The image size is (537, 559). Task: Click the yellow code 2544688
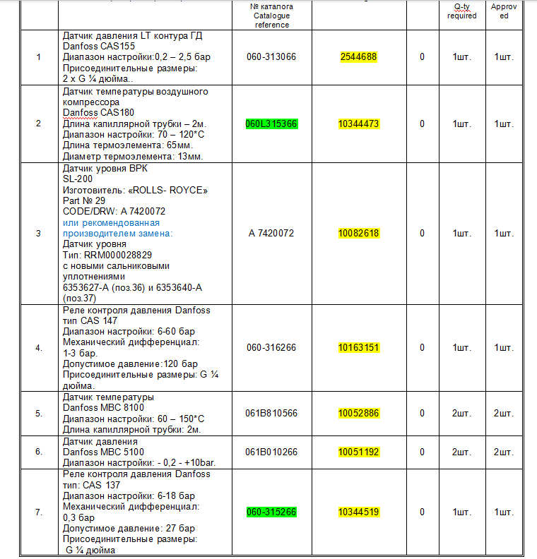point(358,57)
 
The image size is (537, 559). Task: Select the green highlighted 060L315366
point(271,124)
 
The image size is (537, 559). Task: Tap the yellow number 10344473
point(358,124)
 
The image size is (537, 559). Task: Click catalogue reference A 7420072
point(271,233)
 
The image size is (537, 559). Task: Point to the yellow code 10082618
point(358,233)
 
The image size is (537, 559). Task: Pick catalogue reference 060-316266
point(271,347)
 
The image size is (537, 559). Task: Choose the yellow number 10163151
point(358,347)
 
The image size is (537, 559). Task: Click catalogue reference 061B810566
point(271,413)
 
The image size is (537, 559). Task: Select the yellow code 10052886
point(358,413)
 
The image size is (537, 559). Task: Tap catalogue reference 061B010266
point(271,452)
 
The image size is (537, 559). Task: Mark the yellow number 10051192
point(358,452)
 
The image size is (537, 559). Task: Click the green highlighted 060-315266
point(271,512)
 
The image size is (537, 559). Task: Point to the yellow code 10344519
point(358,512)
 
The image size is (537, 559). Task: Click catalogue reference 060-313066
point(271,57)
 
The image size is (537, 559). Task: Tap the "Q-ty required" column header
point(461,11)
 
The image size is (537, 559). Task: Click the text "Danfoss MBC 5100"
point(103,452)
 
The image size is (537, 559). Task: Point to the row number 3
point(38,233)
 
